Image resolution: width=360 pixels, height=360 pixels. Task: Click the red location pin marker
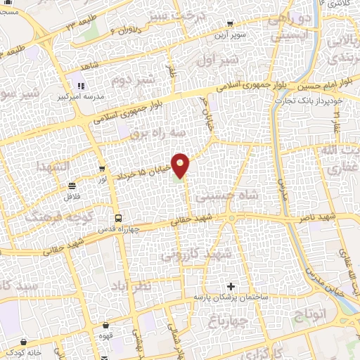coord(181,165)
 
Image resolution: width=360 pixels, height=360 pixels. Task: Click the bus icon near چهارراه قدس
coord(118,218)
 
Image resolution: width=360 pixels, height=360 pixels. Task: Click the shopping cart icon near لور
coord(103,169)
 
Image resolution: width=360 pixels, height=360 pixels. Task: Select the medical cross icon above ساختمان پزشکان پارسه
coord(231,287)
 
